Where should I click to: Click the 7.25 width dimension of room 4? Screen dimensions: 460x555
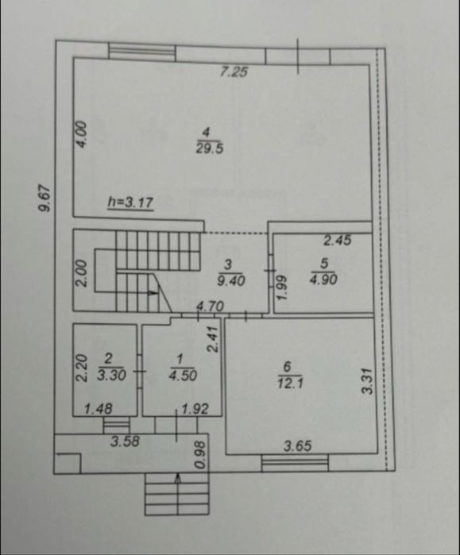tap(234, 71)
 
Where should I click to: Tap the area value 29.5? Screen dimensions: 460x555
tap(209, 148)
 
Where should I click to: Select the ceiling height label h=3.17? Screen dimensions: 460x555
tap(130, 202)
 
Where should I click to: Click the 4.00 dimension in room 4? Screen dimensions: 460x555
tap(81, 134)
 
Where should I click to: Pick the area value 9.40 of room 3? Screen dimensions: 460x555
tap(232, 281)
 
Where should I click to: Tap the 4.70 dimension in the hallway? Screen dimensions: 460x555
tap(211, 306)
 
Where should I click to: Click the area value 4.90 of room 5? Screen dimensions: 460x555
tap(323, 279)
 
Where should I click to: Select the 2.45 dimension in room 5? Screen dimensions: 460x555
tap(338, 241)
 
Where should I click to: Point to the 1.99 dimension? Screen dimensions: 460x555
tap(280, 287)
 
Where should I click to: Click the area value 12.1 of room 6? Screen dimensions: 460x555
tap(290, 383)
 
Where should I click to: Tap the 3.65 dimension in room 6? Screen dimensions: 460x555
tap(298, 446)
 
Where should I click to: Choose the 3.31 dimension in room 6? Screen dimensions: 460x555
tap(367, 381)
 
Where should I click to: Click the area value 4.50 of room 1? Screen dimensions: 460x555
tap(183, 376)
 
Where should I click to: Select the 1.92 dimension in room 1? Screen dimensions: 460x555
tap(195, 409)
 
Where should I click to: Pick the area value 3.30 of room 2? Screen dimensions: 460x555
tap(111, 375)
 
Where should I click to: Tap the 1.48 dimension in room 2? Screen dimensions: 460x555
tap(98, 409)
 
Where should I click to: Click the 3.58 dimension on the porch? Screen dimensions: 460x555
tap(125, 441)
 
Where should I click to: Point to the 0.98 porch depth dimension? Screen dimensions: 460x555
tap(200, 455)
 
